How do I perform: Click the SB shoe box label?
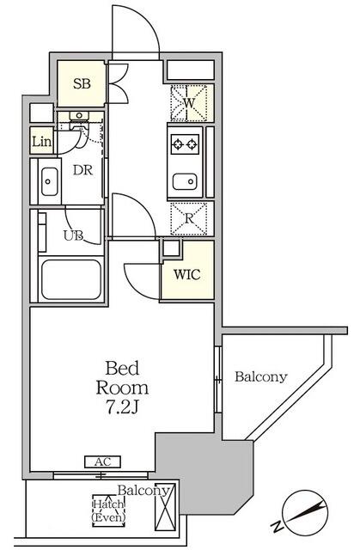point(82,83)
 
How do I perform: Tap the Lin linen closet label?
point(42,142)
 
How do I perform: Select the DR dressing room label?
point(82,170)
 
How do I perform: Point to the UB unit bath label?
point(74,235)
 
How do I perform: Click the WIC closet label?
point(187,274)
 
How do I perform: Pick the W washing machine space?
point(188,103)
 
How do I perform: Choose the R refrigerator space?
point(188,218)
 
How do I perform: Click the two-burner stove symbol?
point(185,144)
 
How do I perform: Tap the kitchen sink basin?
point(185,182)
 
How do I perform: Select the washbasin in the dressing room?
point(49,181)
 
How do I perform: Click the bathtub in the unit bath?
point(71,279)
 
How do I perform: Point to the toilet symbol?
point(79,123)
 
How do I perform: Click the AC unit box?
point(103,461)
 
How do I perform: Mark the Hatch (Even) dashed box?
point(108,510)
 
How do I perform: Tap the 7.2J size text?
point(122,406)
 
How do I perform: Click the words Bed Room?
point(122,378)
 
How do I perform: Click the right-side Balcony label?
point(261,376)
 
